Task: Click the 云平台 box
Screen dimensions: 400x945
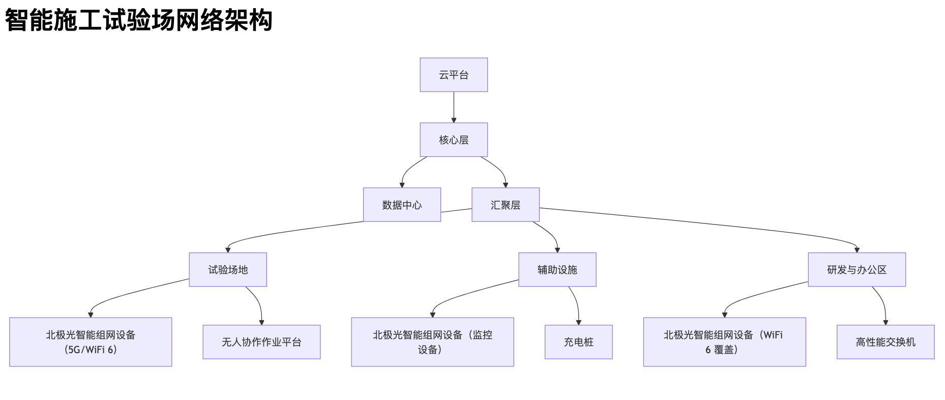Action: click(x=454, y=75)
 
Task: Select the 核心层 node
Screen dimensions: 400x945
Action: click(x=454, y=139)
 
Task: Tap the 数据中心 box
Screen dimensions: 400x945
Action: click(x=402, y=205)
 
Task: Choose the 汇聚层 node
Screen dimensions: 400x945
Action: click(x=505, y=205)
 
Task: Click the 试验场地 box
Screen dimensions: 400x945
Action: click(x=228, y=270)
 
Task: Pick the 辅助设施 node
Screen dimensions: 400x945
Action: click(x=557, y=270)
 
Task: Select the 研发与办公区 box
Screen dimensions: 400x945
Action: click(x=857, y=270)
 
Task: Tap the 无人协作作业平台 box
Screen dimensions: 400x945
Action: click(x=261, y=342)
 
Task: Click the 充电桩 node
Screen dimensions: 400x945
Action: click(x=578, y=342)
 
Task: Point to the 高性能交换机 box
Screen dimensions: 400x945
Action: click(x=885, y=342)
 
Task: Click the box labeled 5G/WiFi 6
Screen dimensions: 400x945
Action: click(x=91, y=342)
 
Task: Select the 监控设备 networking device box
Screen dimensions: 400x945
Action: click(x=432, y=342)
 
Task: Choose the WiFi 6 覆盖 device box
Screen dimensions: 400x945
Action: click(x=724, y=342)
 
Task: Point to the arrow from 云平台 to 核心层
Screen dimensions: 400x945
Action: click(x=454, y=107)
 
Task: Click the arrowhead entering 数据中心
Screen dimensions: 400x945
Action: click(x=402, y=185)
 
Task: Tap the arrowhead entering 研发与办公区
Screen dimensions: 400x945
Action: click(x=857, y=250)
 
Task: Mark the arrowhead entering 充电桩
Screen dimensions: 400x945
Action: click(x=578, y=322)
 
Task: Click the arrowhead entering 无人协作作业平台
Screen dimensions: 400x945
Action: click(x=261, y=322)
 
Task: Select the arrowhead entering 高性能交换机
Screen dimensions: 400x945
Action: click(x=885, y=322)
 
